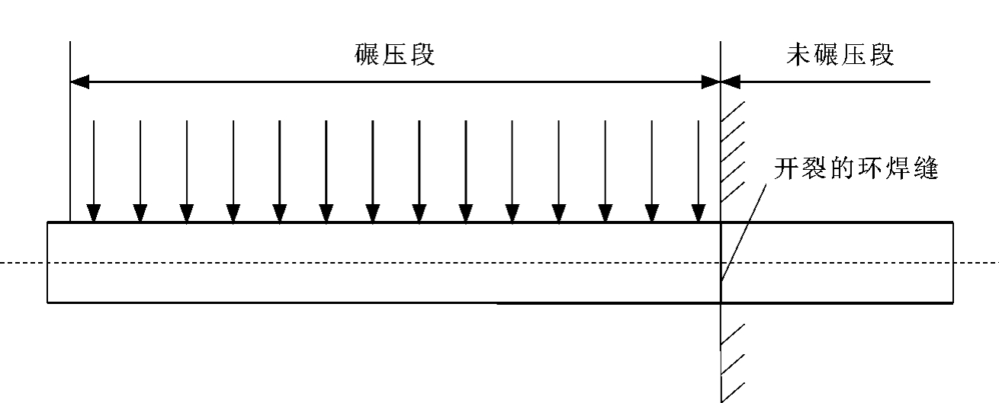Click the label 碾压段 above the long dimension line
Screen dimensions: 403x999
tap(394, 56)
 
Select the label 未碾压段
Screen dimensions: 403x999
tap(840, 56)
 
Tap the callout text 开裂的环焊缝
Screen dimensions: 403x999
tap(855, 169)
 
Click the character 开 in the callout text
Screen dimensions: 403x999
tap(785, 169)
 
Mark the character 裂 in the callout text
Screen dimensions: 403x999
tap(813, 169)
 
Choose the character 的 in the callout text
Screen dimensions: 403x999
tap(841, 169)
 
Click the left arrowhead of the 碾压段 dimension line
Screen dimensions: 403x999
tap(79, 81)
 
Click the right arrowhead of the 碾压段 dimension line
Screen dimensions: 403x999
tap(712, 81)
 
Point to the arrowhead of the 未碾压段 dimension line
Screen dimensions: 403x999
tap(731, 81)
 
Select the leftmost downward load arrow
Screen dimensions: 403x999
tap(93, 171)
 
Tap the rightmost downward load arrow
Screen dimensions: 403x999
tap(698, 171)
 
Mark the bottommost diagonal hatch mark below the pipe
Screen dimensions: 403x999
tap(731, 391)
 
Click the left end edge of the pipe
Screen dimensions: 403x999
tap(48, 262)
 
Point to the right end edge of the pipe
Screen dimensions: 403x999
tap(952, 262)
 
